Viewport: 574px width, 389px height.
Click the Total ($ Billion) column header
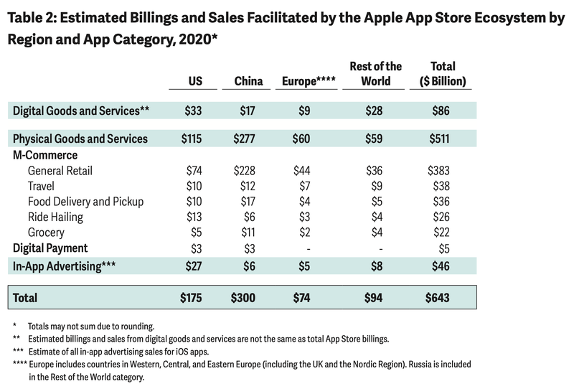(x=443, y=74)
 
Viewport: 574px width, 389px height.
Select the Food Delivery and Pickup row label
(x=85, y=202)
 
